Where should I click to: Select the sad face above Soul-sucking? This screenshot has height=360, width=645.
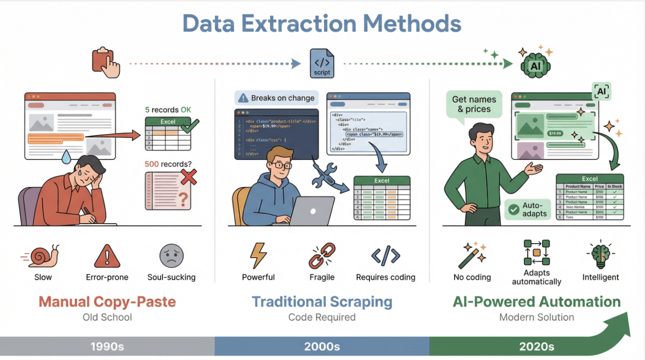(x=171, y=255)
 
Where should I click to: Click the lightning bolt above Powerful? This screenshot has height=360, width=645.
(x=258, y=255)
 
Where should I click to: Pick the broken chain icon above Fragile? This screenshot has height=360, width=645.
(x=322, y=255)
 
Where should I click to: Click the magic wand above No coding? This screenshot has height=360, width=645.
(x=472, y=253)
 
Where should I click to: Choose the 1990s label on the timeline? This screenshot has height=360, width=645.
(x=107, y=347)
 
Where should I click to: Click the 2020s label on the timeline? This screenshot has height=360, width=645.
(x=537, y=347)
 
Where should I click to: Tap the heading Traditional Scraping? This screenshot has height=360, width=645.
(x=322, y=302)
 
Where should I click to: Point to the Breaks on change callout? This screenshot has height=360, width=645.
(x=276, y=98)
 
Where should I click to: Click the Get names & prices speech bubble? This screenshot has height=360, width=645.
(x=474, y=104)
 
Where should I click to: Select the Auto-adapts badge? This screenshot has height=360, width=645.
(x=528, y=210)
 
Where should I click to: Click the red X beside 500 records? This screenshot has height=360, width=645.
(x=188, y=177)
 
